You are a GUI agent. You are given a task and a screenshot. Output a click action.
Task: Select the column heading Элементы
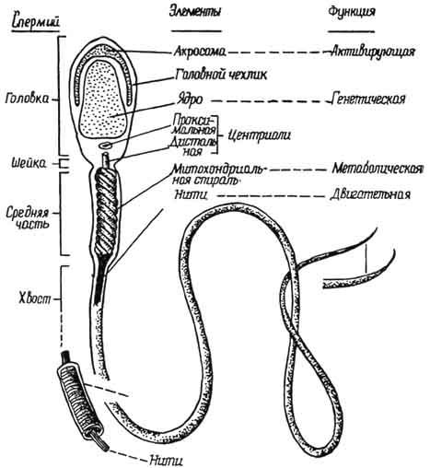(195, 12)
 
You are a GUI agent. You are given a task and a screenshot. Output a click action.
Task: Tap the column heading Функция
(352, 12)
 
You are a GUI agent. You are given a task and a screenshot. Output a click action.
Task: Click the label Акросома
(200, 52)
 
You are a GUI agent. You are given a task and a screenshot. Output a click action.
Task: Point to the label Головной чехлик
(221, 75)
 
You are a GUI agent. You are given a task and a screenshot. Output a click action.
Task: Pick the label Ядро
(190, 99)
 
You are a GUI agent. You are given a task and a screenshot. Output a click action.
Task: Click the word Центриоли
(260, 135)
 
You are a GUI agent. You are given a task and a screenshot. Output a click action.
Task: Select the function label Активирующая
(373, 52)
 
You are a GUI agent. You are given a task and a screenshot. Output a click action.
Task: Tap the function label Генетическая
(368, 99)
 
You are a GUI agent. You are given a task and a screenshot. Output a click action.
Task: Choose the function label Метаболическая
(378, 169)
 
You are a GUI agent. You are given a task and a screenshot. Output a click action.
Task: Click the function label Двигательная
(370, 194)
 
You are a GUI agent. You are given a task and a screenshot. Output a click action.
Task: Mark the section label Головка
(27, 99)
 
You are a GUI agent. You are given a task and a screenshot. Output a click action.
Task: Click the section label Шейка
(29, 163)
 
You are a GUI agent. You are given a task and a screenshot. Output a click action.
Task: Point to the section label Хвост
(35, 298)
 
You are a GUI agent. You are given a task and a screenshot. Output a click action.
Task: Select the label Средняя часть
(28, 217)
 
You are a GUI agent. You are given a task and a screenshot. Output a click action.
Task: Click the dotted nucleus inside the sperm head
(103, 99)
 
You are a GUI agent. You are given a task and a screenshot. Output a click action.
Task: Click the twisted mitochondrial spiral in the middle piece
(106, 210)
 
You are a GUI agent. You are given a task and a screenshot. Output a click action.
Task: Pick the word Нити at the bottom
(167, 461)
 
